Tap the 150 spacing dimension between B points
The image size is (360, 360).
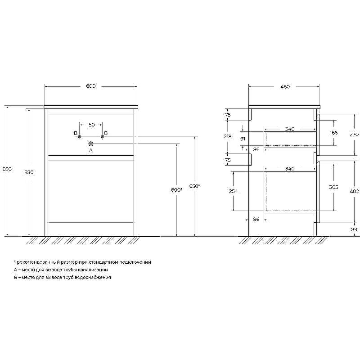(x=90, y=125)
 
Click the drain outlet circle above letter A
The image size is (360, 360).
(x=90, y=144)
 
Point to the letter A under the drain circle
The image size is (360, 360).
(x=90, y=151)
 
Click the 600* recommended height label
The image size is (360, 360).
(x=176, y=190)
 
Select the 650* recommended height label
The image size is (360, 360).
(x=195, y=186)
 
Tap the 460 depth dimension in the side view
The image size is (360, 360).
(x=284, y=86)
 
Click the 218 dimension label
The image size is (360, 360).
(x=228, y=136)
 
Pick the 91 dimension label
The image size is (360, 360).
(x=243, y=139)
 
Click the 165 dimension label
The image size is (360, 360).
(x=334, y=133)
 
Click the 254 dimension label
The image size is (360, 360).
(x=233, y=191)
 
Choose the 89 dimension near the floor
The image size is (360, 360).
(x=354, y=229)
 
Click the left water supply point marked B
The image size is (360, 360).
(x=80, y=136)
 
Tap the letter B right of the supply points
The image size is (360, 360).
(x=106, y=133)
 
